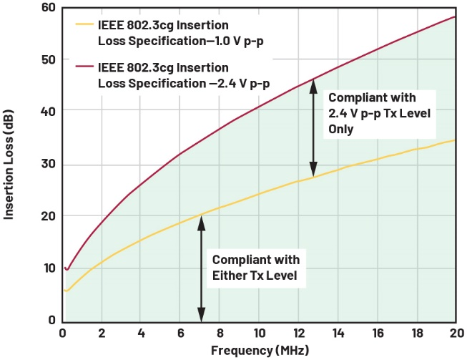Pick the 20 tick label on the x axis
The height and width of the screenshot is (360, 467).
click(x=455, y=334)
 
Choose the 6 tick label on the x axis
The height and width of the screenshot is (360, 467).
click(x=180, y=334)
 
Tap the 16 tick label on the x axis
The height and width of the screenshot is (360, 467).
click(x=377, y=334)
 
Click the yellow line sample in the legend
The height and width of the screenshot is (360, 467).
click(x=85, y=23)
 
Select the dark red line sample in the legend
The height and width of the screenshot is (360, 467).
click(x=85, y=69)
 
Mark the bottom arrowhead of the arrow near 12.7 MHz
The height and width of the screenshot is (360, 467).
click(x=313, y=171)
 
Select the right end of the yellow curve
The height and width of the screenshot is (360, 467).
click(x=455, y=140)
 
